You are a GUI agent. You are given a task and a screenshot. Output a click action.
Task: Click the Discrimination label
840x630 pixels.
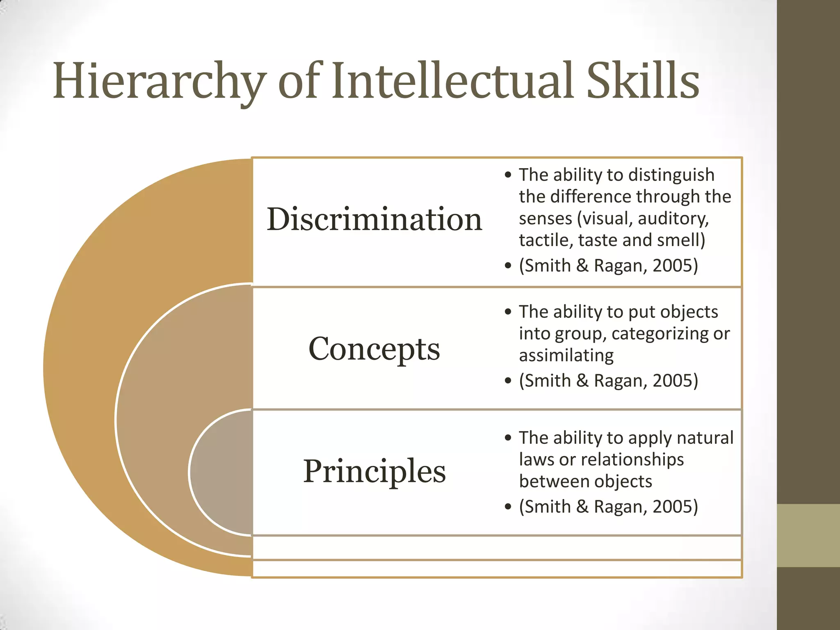tap(374, 219)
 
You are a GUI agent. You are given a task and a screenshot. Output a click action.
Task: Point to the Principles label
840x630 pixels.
tap(374, 472)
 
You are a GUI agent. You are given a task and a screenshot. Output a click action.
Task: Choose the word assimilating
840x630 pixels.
tap(566, 356)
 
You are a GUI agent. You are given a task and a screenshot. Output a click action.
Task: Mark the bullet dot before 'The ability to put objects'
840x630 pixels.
tap(508, 312)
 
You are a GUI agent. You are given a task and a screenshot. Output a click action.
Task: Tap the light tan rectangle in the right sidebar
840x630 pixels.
tap(808, 535)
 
